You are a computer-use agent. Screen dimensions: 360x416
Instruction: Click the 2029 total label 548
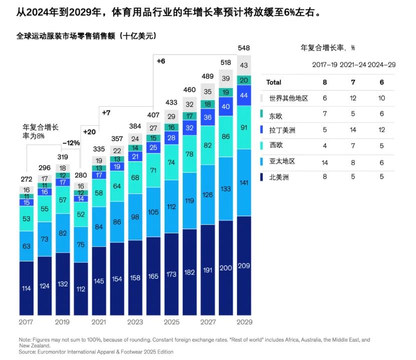[244, 48]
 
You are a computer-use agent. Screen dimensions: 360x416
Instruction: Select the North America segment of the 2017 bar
[26, 288]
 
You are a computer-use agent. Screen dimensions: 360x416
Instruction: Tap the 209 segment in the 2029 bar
[244, 265]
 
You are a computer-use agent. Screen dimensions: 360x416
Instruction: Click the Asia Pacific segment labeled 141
[244, 182]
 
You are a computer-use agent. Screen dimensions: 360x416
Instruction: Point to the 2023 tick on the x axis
[135, 322]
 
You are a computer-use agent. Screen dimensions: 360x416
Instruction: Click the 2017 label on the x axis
[26, 322]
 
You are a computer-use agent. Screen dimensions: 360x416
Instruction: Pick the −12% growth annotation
[71, 143]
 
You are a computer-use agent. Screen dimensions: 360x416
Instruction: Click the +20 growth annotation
[89, 132]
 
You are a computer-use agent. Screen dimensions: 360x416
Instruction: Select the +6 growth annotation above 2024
[161, 61]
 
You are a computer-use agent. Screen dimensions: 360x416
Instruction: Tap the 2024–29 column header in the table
[380, 65]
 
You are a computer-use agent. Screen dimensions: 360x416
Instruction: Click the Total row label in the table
[274, 82]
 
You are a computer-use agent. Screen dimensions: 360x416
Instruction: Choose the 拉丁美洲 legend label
[282, 130]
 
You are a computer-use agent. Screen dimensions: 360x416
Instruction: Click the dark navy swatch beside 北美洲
[263, 177]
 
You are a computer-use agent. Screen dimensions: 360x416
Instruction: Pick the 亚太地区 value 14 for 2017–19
[325, 161]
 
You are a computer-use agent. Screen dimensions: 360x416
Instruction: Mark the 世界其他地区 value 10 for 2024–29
[382, 98]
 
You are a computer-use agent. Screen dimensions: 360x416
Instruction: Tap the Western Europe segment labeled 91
[244, 127]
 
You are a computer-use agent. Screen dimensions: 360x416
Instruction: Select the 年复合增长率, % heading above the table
[327, 48]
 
